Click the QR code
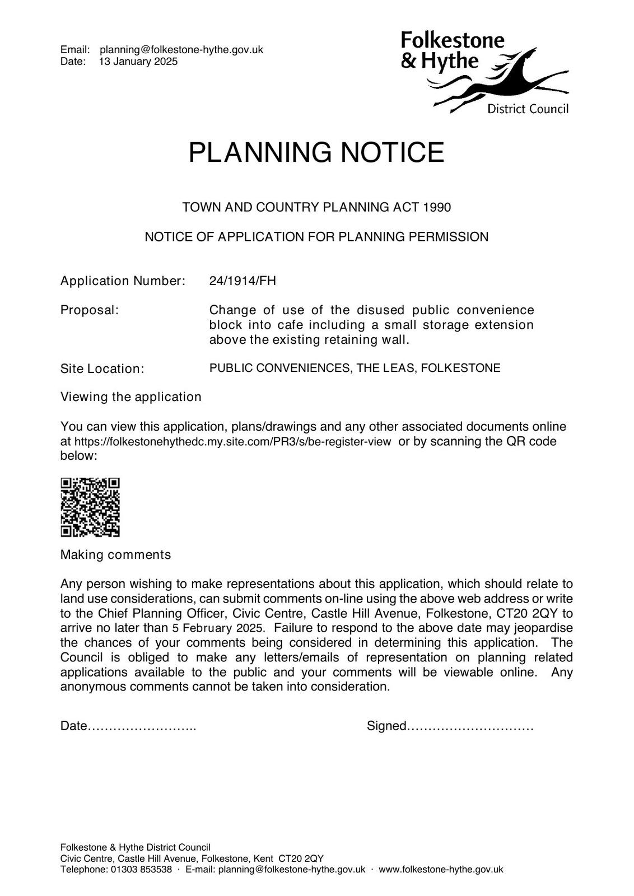(90, 507)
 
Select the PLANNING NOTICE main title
(316, 152)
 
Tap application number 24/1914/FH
(243, 281)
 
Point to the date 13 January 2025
(138, 62)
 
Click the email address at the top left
(181, 50)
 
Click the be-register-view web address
(232, 442)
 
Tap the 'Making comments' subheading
(115, 555)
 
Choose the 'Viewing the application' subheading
(130, 397)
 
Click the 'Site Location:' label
(102, 369)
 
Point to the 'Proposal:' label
(90, 310)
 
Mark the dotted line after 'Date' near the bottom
(142, 727)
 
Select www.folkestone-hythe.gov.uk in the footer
(441, 870)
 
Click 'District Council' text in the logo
(528, 109)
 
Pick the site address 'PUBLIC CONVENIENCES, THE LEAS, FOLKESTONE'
(355, 368)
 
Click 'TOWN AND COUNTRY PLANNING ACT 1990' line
(316, 207)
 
